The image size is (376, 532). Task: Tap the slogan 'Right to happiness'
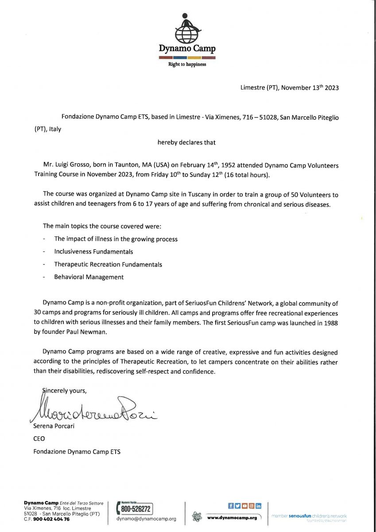187,64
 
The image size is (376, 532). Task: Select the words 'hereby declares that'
186,142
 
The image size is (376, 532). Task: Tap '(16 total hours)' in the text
246,175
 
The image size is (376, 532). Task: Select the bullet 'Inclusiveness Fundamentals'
93,251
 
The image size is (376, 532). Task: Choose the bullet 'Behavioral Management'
89,277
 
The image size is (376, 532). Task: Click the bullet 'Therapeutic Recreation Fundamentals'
108,264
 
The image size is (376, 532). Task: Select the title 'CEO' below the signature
39,439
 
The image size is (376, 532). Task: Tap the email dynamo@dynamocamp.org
146,519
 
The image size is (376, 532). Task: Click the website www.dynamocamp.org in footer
232,517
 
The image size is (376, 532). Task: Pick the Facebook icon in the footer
231,506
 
